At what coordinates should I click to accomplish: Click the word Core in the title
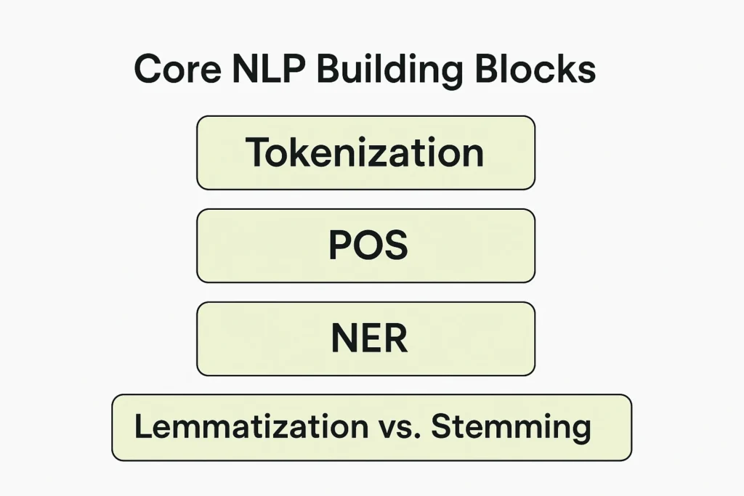(x=178, y=69)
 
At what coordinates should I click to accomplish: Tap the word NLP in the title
(x=269, y=69)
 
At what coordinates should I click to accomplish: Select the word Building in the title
(x=389, y=71)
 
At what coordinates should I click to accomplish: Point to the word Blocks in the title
(x=535, y=69)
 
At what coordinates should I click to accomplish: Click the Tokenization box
(x=366, y=153)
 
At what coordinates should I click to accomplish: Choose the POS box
(x=366, y=245)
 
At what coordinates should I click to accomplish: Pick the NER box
(x=366, y=338)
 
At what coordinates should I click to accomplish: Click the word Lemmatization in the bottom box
(x=251, y=426)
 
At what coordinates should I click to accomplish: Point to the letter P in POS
(x=340, y=245)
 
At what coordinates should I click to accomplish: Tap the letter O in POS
(x=368, y=245)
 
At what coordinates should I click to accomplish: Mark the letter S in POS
(x=396, y=245)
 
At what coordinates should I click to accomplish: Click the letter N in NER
(x=343, y=338)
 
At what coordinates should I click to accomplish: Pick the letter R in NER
(x=396, y=338)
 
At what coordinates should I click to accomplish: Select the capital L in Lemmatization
(x=143, y=426)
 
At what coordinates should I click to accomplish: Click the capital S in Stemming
(x=441, y=426)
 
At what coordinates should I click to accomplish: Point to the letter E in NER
(x=370, y=338)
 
